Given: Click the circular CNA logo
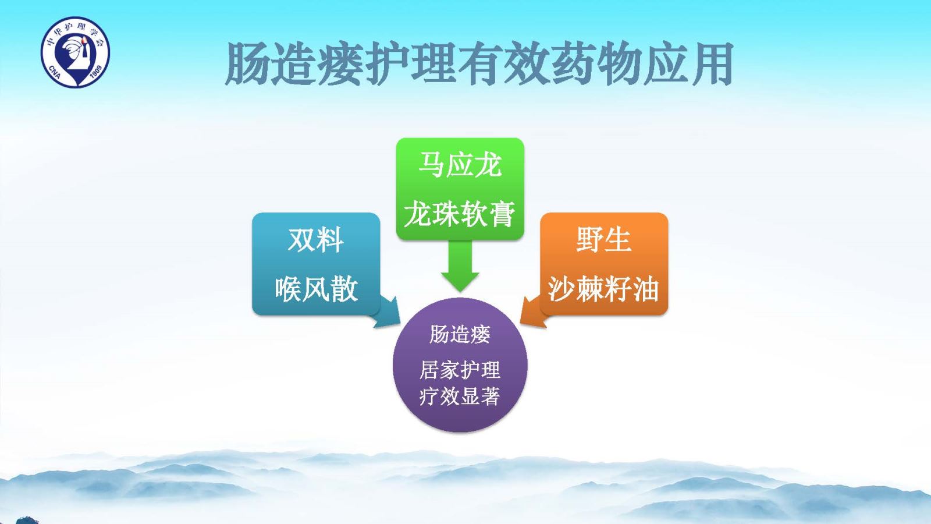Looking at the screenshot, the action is tap(75, 52).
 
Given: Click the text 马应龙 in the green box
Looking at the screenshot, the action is tap(460, 165).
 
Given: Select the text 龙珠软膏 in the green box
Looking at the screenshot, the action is tap(460, 214).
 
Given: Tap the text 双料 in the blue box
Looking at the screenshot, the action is tap(316, 239).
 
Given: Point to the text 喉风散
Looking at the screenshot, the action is tap(317, 289).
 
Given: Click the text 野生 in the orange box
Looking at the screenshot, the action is tap(603, 239).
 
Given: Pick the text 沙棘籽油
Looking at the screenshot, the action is tap(603, 289).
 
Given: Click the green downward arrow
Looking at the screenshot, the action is tap(460, 266).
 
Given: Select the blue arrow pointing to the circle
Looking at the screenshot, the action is tap(386, 313).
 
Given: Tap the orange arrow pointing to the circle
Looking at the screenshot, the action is tap(534, 313).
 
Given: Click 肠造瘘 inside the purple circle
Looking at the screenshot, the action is tap(460, 334).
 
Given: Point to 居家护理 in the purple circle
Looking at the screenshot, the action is tap(460, 370).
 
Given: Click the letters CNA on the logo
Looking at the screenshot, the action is tap(55, 72).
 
